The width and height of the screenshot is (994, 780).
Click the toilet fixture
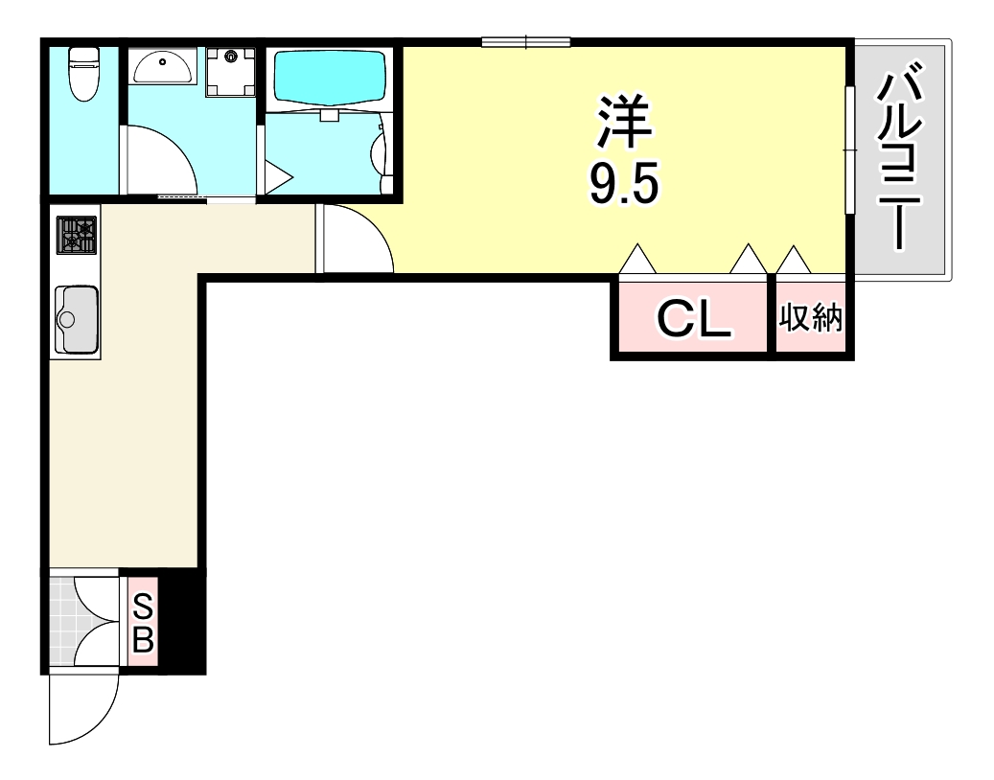point(83,74)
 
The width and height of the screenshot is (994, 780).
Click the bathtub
point(331,78)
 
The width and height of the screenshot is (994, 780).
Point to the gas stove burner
point(77,235)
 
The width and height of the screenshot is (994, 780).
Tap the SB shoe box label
point(143,623)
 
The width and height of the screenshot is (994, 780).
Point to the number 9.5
point(624,183)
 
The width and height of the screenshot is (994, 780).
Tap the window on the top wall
point(525,41)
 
